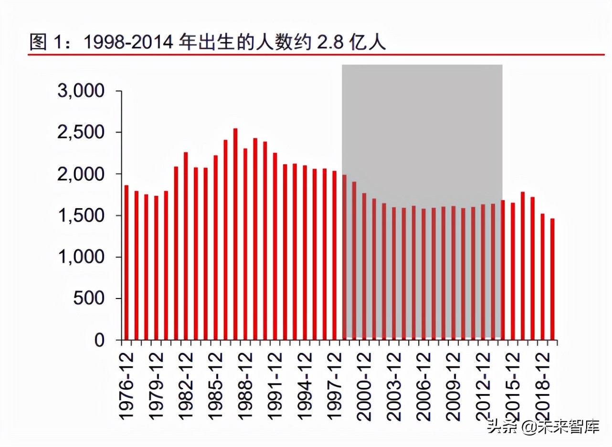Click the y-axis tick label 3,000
[x=81, y=91]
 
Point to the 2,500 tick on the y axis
[x=81, y=132]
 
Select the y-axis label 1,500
[x=81, y=215]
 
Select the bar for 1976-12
[x=127, y=263]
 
